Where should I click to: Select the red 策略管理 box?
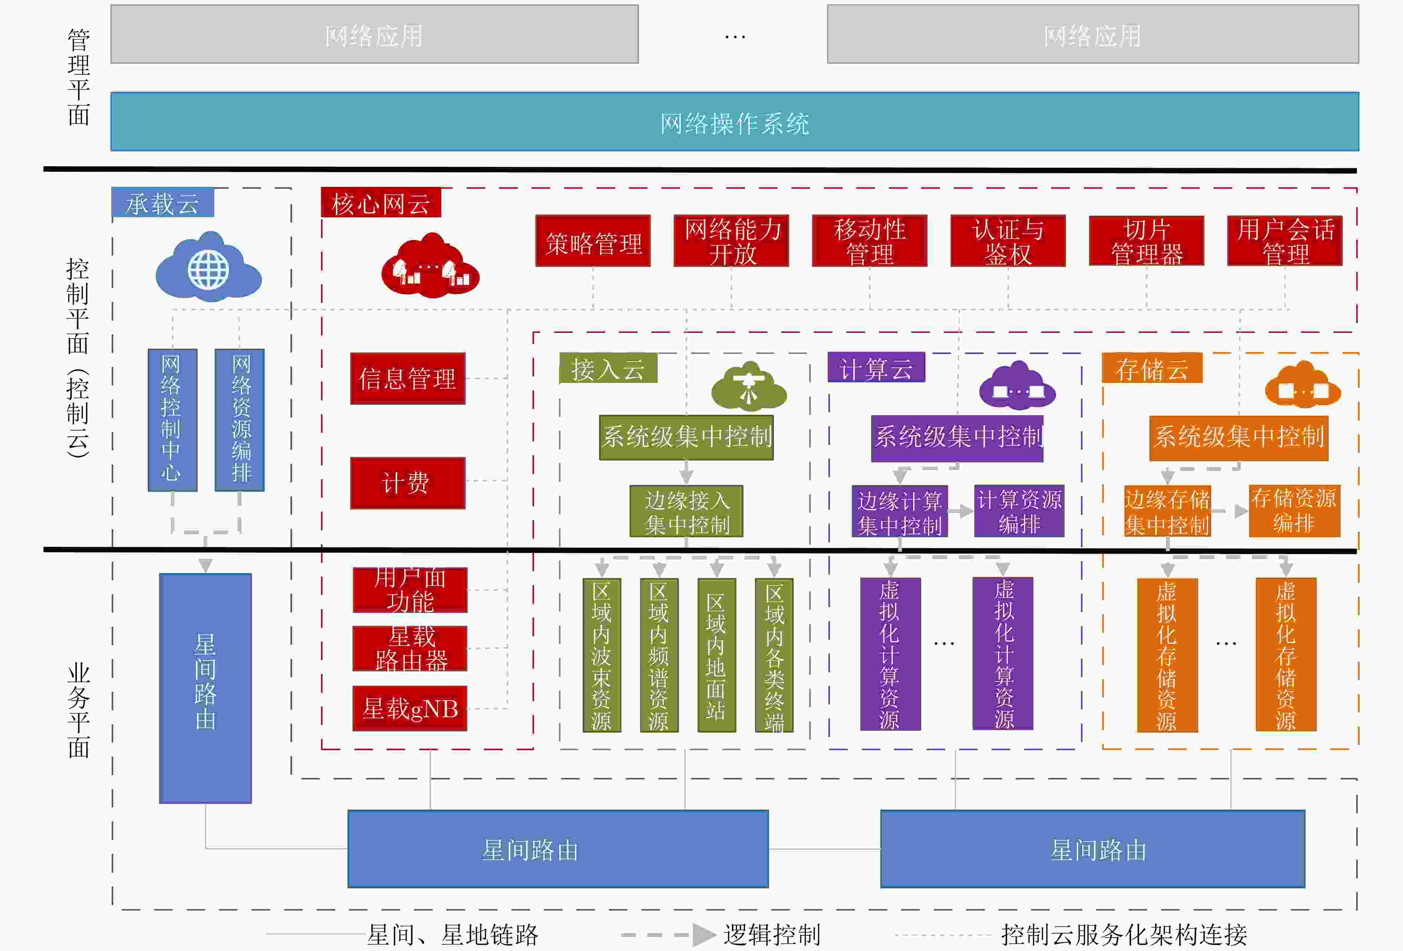pyautogui.click(x=593, y=241)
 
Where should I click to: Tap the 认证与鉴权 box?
pyautogui.click(x=1008, y=241)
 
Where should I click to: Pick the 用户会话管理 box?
pyautogui.click(x=1285, y=241)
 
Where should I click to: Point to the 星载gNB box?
pyautogui.click(x=410, y=708)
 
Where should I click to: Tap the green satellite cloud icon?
pyautogui.click(x=749, y=386)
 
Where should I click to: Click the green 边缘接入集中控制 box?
pyautogui.click(x=686, y=511)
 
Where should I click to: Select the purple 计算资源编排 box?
pyautogui.click(x=1019, y=511)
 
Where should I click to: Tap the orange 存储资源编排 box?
pyautogui.click(x=1294, y=511)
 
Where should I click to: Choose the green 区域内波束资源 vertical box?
pyautogui.click(x=601, y=655)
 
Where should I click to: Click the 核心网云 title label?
pyautogui.click(x=381, y=203)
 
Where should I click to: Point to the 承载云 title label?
pyautogui.click(x=163, y=203)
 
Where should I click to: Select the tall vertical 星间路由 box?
pyautogui.click(x=205, y=688)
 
